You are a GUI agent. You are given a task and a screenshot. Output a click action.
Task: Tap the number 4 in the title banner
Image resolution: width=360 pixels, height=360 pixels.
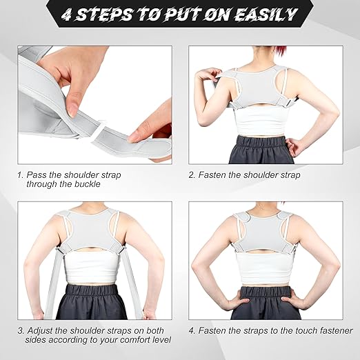70,14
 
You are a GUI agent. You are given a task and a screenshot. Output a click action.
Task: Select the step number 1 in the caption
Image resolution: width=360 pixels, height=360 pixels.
20,175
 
